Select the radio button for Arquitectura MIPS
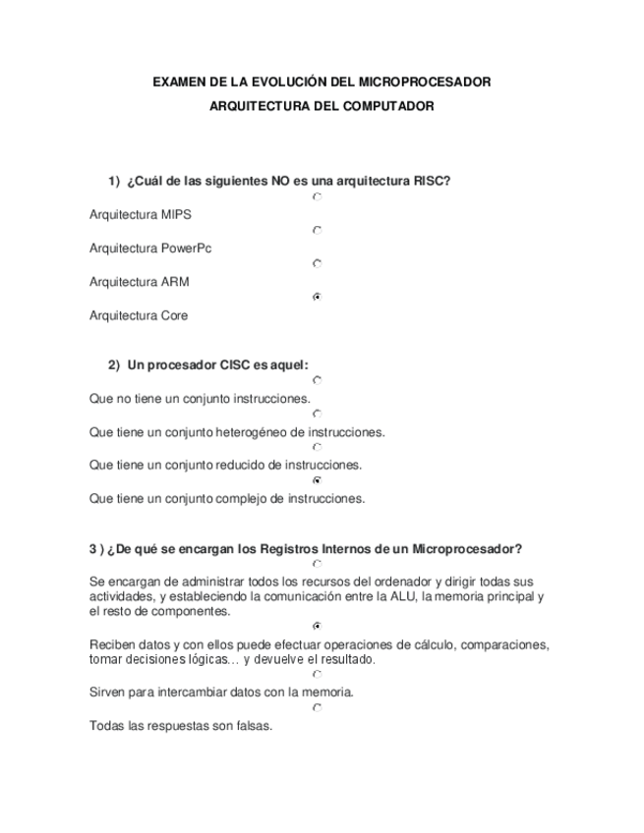point(317,197)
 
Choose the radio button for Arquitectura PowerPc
point(317,231)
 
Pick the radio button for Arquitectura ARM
point(317,263)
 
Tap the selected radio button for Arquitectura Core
point(317,297)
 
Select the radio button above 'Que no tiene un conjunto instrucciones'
point(317,380)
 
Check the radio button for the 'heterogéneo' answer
point(317,414)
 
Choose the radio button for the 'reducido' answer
point(317,447)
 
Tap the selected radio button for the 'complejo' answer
point(317,480)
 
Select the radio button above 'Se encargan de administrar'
point(317,564)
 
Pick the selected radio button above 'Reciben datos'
point(317,626)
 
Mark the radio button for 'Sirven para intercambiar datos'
point(317,675)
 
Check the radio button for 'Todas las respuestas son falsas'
point(317,707)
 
